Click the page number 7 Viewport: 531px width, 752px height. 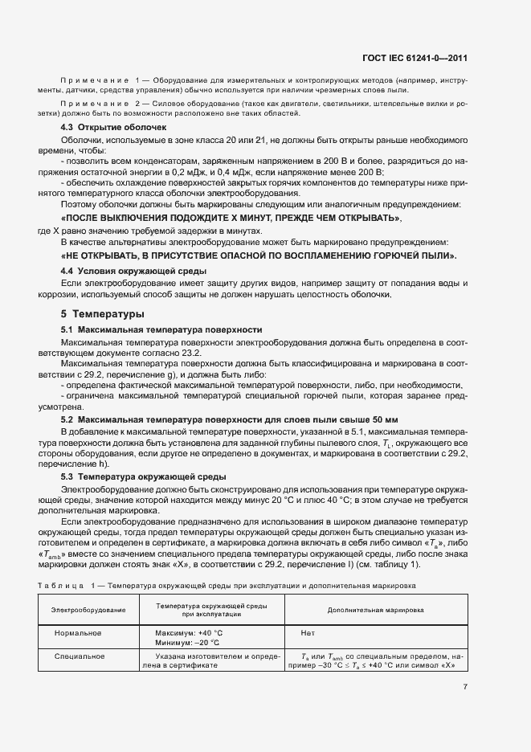click(464, 687)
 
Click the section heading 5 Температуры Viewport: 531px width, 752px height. click(97, 313)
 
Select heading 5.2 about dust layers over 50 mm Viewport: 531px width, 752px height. click(230, 419)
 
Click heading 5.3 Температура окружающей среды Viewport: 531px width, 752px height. click(149, 476)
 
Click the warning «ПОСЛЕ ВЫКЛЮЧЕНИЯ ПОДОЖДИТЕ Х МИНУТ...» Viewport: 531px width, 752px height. click(231, 219)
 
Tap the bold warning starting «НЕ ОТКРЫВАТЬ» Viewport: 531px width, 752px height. click(259, 255)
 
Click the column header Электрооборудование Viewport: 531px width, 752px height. click(88, 611)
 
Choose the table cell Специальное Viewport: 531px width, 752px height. click(78, 656)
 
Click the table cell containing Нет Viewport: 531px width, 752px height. click(307, 633)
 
